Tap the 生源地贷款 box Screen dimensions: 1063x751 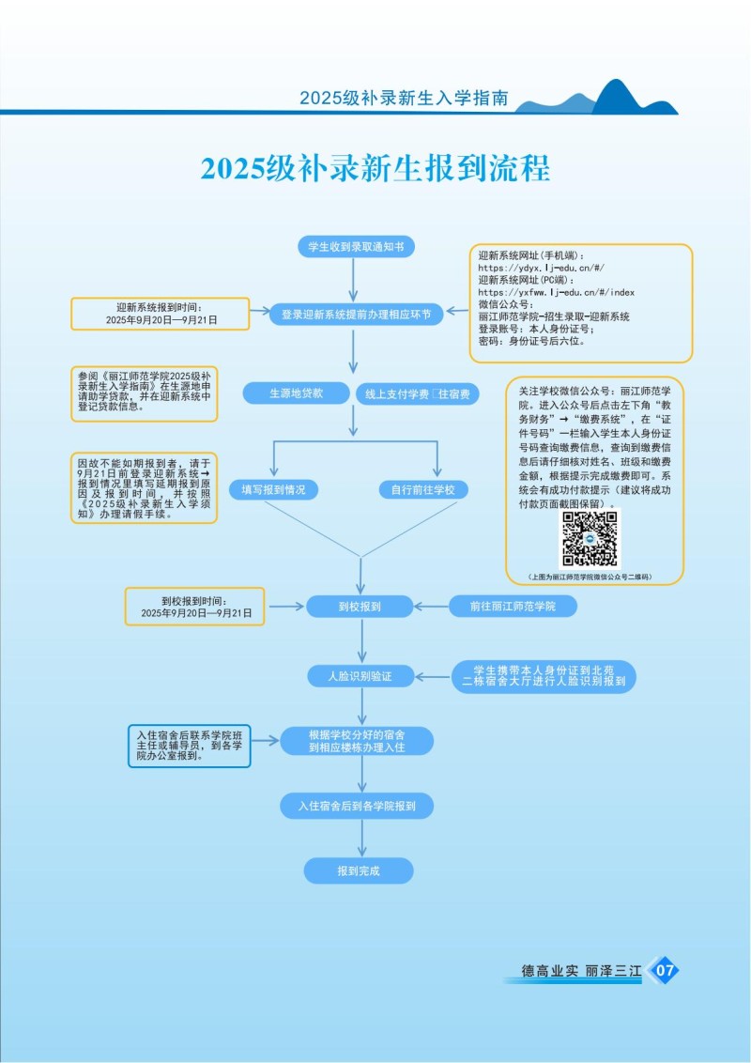point(296,393)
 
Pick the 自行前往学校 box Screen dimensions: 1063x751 point(423,489)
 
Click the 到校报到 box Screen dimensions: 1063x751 point(360,607)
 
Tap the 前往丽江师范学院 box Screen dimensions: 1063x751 point(513,607)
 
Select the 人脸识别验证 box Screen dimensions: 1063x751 point(360,676)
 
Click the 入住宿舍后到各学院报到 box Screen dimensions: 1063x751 point(357,806)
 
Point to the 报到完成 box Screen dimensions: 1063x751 point(359,870)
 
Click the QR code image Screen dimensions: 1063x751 point(590,539)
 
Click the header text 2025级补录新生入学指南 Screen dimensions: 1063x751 point(404,98)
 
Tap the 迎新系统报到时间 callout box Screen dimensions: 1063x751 point(160,314)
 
